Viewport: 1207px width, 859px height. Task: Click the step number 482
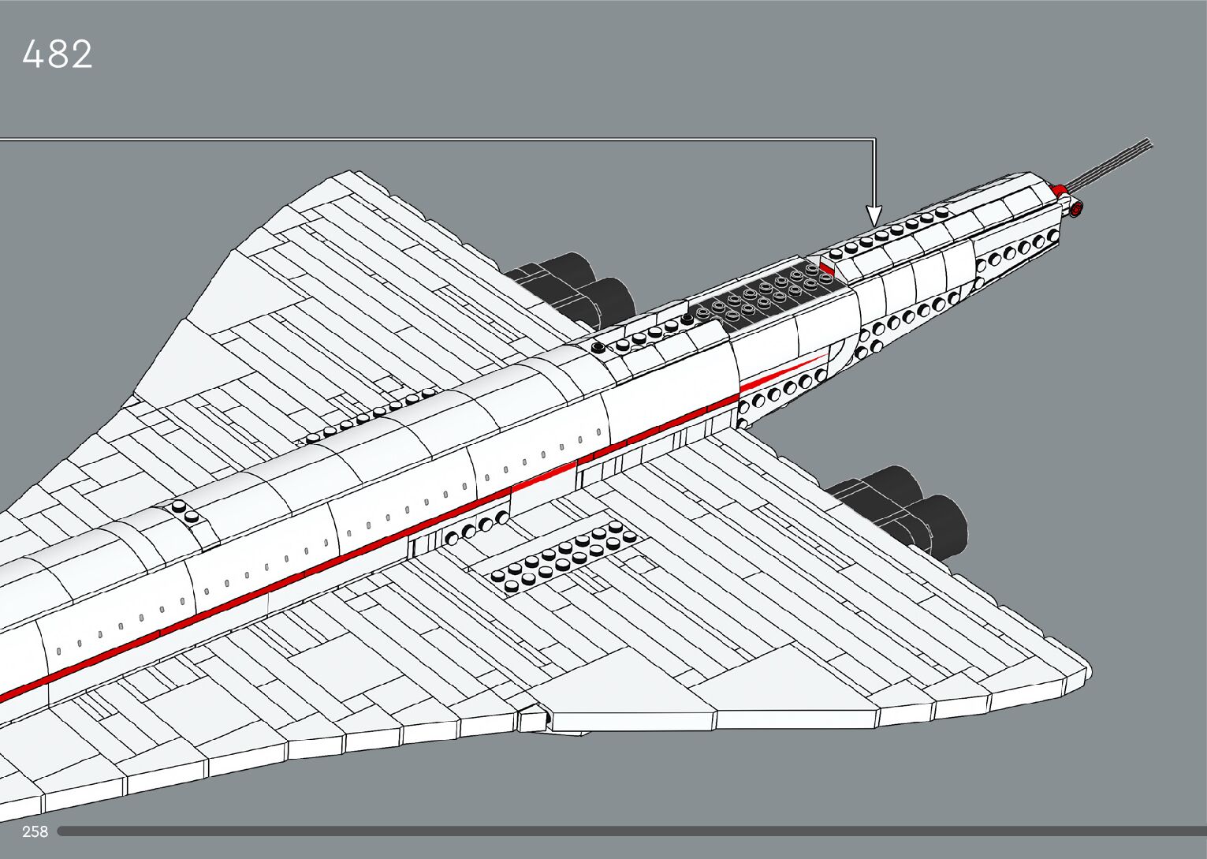(x=58, y=55)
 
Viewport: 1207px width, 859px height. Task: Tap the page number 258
(x=35, y=831)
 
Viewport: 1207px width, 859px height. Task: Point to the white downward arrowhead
(x=874, y=215)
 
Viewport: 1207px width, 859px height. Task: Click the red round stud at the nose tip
(x=1076, y=208)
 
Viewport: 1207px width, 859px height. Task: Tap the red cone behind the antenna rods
(x=1060, y=189)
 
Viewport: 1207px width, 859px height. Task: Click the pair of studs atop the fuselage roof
(x=186, y=511)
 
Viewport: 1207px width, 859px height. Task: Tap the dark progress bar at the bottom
(x=631, y=831)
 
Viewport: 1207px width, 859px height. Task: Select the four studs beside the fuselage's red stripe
(x=476, y=529)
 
